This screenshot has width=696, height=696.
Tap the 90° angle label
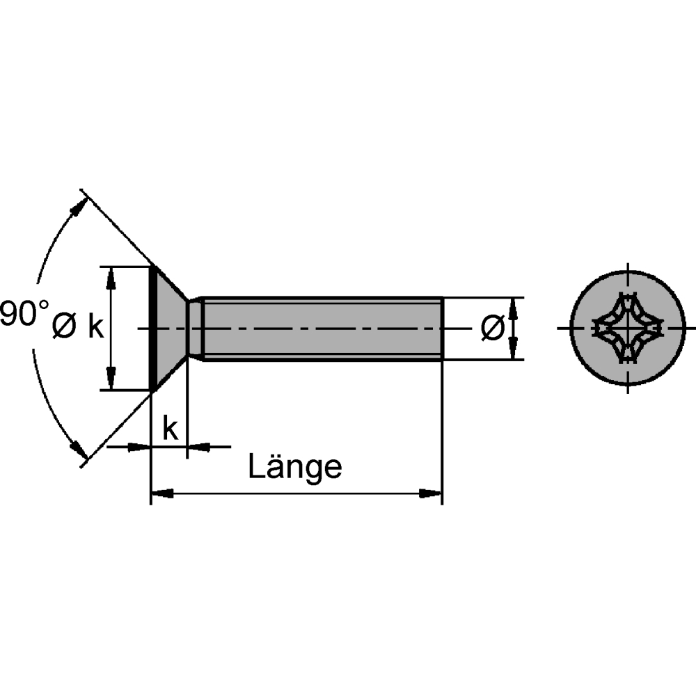[x=24, y=313]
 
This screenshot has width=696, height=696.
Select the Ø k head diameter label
[x=78, y=327]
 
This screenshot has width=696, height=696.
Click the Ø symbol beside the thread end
[x=493, y=328]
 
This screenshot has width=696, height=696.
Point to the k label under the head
[x=171, y=428]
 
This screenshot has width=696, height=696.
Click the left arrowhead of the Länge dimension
[x=162, y=493]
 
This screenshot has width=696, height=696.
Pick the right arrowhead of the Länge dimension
[x=431, y=493]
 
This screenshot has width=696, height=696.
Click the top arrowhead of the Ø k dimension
[x=111, y=278]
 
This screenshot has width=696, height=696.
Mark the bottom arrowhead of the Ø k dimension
[x=111, y=379]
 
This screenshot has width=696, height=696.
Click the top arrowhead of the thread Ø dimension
[x=514, y=308]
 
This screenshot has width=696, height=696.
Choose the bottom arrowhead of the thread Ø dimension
[x=514, y=349]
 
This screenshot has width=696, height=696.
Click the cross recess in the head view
[x=628, y=329]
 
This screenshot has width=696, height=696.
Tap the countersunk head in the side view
[x=168, y=329]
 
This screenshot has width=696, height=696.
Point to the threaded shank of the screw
[x=323, y=329]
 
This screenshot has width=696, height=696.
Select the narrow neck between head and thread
[x=196, y=329]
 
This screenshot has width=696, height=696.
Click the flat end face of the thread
[x=442, y=329]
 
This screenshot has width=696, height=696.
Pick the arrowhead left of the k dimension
[x=139, y=447]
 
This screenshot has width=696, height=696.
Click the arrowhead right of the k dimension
[x=198, y=447]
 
